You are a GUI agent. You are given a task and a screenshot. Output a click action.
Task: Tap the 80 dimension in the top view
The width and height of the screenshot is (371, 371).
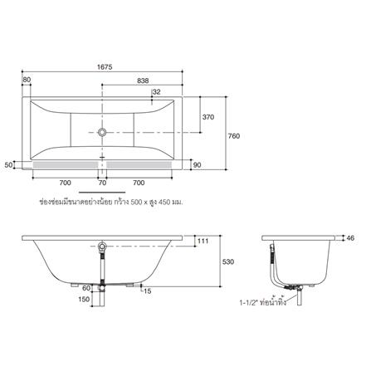point(27,80)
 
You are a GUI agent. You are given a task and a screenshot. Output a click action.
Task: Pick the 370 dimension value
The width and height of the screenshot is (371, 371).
point(208,118)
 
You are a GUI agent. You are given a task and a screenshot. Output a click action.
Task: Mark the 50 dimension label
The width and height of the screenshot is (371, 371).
point(8,165)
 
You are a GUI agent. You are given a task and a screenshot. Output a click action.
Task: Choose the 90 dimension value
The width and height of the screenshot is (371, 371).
point(197,165)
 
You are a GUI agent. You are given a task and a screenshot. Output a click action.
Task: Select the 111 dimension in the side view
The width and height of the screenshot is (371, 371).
point(203,241)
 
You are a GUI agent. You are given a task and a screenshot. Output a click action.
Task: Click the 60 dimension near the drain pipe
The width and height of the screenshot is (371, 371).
point(85,287)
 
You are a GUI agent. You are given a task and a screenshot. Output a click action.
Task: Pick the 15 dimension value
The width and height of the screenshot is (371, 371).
point(147,291)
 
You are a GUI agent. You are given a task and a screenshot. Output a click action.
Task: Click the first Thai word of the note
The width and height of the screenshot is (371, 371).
point(50,201)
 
